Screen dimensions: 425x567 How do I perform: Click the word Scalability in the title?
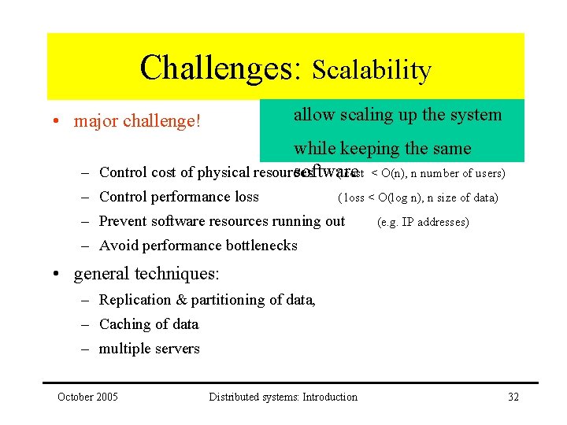pyautogui.click(x=372, y=70)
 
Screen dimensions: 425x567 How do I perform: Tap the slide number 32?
pyautogui.click(x=513, y=397)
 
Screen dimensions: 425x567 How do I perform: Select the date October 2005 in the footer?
pyautogui.click(x=87, y=397)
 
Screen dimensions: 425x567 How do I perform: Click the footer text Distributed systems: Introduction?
pyautogui.click(x=283, y=397)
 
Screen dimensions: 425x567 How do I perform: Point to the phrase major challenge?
pyautogui.click(x=138, y=121)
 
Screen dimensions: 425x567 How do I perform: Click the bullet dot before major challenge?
pyautogui.click(x=58, y=122)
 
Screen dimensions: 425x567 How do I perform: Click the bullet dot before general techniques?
pyautogui.click(x=58, y=275)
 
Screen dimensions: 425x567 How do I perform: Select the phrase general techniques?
pyautogui.click(x=146, y=274)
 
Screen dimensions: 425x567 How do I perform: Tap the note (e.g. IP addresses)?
pyautogui.click(x=423, y=222)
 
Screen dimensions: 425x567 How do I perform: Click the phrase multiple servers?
pyautogui.click(x=150, y=349)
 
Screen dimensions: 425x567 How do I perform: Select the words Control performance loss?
pyautogui.click(x=179, y=197)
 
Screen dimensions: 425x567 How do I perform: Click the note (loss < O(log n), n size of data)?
pyautogui.click(x=417, y=198)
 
